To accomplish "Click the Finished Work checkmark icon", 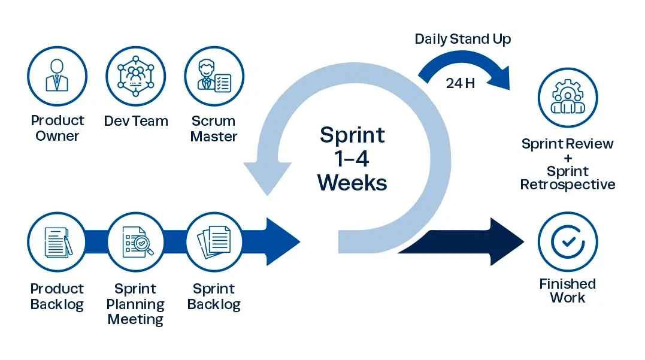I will click(x=567, y=241).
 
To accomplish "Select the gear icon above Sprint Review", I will click(x=567, y=97).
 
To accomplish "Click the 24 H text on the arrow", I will click(x=460, y=83).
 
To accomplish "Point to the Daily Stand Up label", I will click(x=463, y=40).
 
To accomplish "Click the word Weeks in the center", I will click(x=352, y=181).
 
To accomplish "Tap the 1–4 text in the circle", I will click(x=352, y=158).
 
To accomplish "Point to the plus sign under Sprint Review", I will click(x=567, y=158).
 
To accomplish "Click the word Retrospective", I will click(x=567, y=184).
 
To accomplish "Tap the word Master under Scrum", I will click(x=214, y=137).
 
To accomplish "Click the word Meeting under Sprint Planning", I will click(x=135, y=320).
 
